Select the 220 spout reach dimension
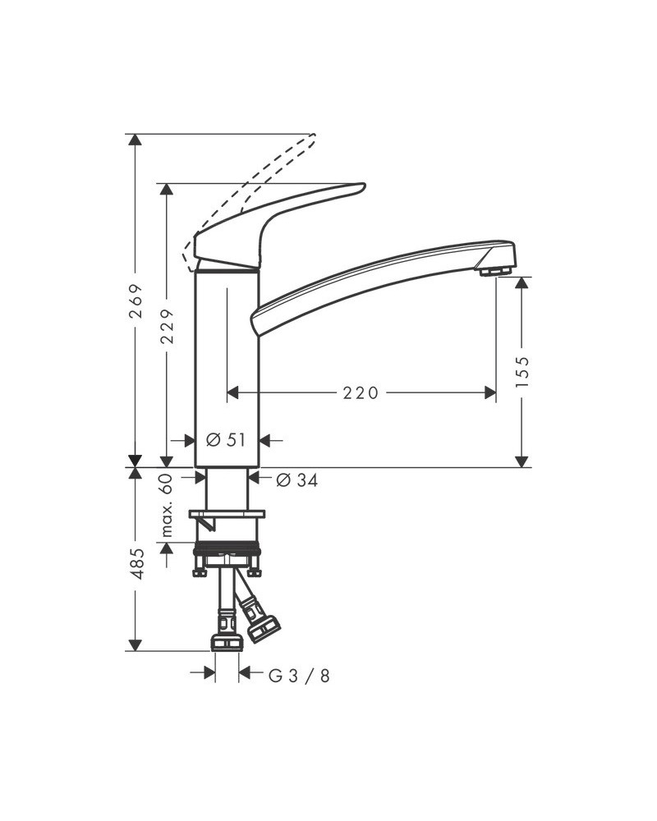point(361,393)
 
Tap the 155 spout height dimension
point(522,371)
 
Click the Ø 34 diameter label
point(297,480)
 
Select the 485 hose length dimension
point(137,564)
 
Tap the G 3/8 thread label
point(300,675)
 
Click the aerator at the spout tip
point(496,271)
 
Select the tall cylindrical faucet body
point(227,361)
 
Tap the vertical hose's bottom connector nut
point(227,641)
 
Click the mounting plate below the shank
point(227,515)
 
